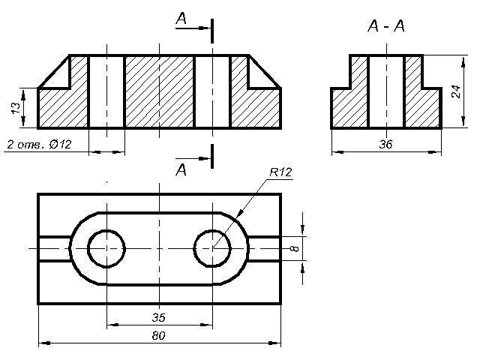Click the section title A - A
pyautogui.click(x=386, y=25)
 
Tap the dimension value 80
pyautogui.click(x=158, y=336)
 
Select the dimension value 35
pyautogui.click(x=158, y=317)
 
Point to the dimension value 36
pyautogui.click(x=385, y=144)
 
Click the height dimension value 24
pyautogui.click(x=456, y=91)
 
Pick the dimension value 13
pyautogui.click(x=15, y=108)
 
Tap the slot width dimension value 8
pyautogui.click(x=294, y=248)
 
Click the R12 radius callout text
pyautogui.click(x=280, y=172)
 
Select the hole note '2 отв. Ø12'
pyautogui.click(x=39, y=144)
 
